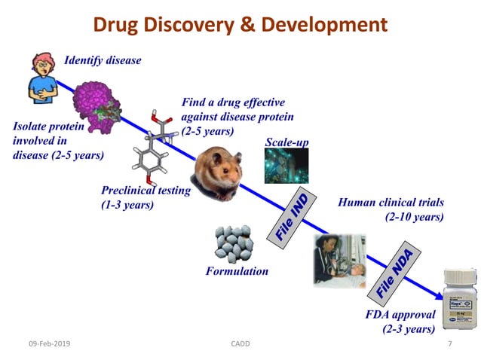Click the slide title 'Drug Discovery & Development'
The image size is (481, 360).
pyautogui.click(x=240, y=25)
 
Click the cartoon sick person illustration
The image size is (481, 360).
pyautogui.click(x=42, y=78)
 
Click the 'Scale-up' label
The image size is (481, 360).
pyautogui.click(x=286, y=142)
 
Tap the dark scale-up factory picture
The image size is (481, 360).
pyautogui.click(x=286, y=166)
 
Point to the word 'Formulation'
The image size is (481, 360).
pyautogui.click(x=237, y=271)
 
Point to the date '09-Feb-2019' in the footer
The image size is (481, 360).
pyautogui.click(x=47, y=344)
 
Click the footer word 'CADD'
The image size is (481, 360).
pyautogui.click(x=240, y=344)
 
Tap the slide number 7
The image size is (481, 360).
pyautogui.click(x=449, y=344)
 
